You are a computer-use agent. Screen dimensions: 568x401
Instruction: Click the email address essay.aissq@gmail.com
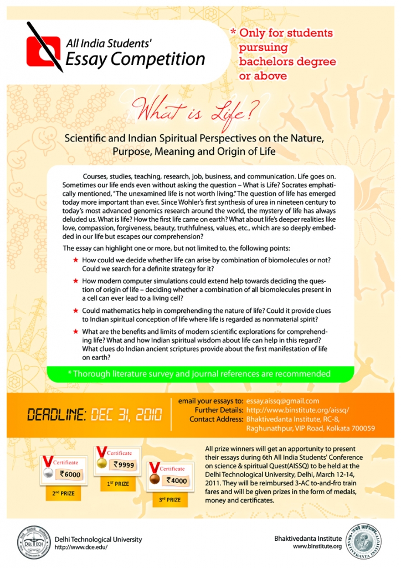pyautogui.click(x=282, y=401)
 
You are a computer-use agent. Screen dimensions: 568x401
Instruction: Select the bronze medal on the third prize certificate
pyautogui.click(x=154, y=479)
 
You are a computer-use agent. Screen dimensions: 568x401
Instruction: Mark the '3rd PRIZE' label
pyautogui.click(x=169, y=500)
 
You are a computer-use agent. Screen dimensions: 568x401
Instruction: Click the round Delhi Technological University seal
pyautogui.click(x=32, y=539)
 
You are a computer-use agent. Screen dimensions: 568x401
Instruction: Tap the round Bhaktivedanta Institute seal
pyautogui.click(x=365, y=540)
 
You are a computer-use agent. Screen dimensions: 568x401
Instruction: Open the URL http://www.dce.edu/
pyautogui.click(x=81, y=547)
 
